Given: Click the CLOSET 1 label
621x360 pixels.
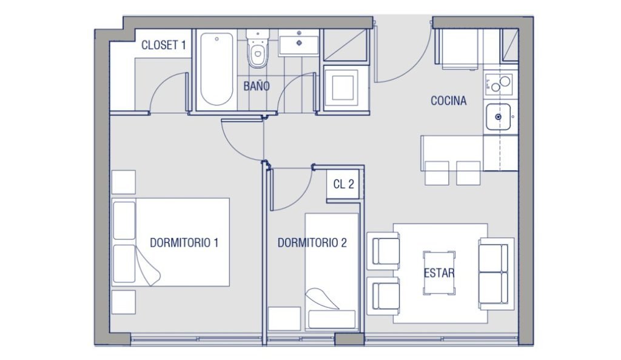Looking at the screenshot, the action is tap(163, 45).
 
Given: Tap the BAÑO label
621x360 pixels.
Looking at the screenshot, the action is tap(257, 86).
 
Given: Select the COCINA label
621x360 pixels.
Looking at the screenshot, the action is tap(448, 101).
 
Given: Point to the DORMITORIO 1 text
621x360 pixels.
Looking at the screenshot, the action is tap(184, 242).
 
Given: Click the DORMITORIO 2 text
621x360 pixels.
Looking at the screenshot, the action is tap(312, 242).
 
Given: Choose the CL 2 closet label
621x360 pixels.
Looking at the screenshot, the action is tap(343, 184).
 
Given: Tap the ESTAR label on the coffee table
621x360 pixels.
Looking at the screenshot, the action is tap(439, 273).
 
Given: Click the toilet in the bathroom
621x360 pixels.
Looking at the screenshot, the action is tap(257, 48).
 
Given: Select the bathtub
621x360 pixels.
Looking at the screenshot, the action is tap(217, 69).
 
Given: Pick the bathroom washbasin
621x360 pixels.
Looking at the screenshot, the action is tap(299, 42).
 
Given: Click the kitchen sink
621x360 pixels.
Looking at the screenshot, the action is tap(498, 117).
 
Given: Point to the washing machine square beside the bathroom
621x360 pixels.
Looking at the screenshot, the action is tap(343, 88).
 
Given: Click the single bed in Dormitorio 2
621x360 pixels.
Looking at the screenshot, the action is tap(332, 272).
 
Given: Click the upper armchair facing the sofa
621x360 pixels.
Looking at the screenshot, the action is tap(383, 251).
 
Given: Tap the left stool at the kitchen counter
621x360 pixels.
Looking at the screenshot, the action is tap(437, 173).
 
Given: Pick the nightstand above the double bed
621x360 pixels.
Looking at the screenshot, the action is tap(124, 182).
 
